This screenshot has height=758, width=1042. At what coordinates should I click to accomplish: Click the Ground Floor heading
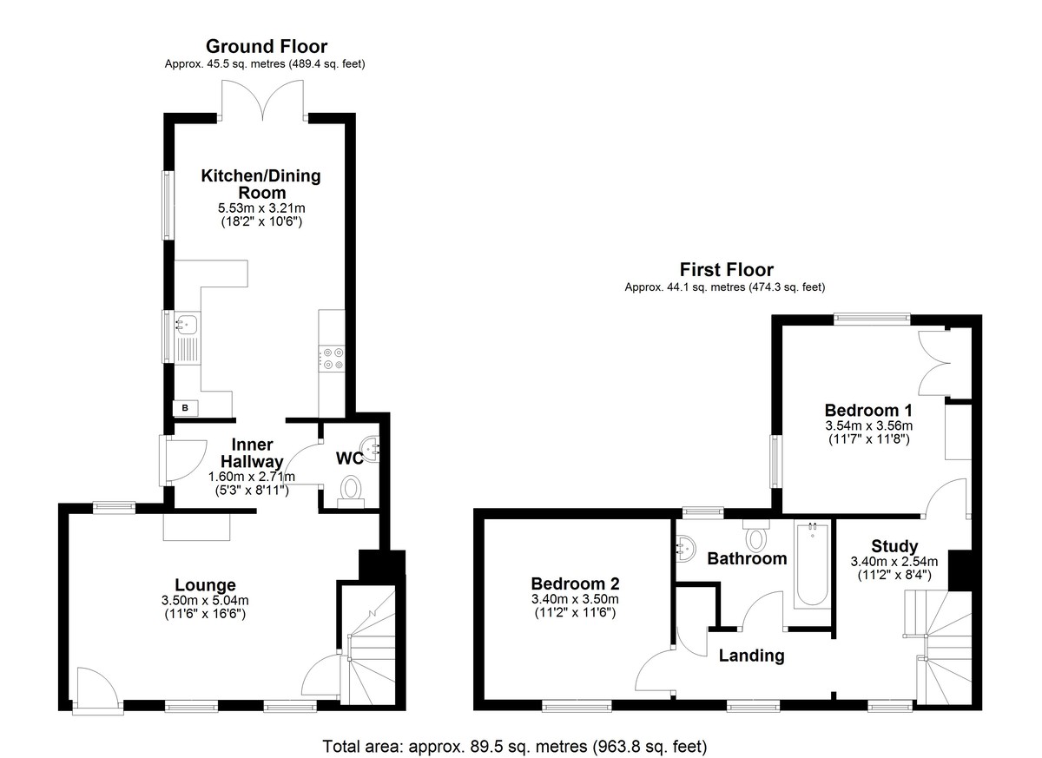[267, 47]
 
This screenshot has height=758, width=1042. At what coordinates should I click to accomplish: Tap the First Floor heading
[727, 270]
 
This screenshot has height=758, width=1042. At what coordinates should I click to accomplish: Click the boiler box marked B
[186, 408]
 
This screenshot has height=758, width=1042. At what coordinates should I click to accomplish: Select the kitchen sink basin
[188, 323]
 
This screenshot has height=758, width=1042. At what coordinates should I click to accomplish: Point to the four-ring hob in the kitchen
[332, 359]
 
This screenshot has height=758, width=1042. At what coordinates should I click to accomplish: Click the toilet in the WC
[351, 492]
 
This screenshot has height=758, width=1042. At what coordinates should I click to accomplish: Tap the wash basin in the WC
[372, 449]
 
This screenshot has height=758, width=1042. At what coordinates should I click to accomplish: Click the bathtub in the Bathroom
[812, 566]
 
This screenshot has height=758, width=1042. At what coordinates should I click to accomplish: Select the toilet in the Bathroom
[756, 535]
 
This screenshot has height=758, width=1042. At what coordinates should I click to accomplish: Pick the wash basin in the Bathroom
[685, 548]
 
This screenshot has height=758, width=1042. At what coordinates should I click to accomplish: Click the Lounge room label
[205, 585]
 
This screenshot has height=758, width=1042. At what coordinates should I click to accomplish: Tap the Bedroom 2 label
[575, 583]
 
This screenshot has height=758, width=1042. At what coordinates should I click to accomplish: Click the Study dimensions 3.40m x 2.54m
[894, 561]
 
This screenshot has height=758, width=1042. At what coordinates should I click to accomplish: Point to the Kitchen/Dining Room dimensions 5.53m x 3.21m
[261, 208]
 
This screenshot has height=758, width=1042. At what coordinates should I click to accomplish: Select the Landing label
[752, 656]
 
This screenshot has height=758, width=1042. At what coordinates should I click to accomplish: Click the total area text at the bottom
[514, 747]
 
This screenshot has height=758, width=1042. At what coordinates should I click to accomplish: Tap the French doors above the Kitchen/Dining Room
[263, 100]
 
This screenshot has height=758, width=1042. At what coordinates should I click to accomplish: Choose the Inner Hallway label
[252, 453]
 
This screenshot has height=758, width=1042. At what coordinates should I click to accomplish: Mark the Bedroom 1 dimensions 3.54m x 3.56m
[869, 425]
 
